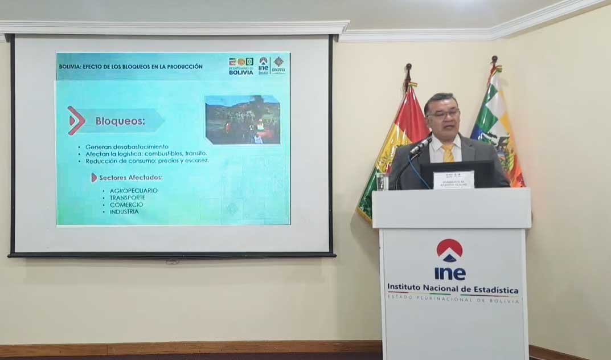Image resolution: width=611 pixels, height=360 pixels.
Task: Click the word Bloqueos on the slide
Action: click(120, 121)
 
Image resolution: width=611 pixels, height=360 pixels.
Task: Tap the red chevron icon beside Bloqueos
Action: click(76, 121)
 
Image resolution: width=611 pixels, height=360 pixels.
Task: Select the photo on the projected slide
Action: click(243, 120)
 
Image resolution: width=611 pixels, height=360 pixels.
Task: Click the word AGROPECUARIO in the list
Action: click(134, 190)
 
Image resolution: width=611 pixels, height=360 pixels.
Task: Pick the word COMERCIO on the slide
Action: click(126, 204)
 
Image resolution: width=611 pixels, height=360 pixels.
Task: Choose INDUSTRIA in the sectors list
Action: click(124, 212)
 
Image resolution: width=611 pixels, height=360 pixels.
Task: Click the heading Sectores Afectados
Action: click(130, 178)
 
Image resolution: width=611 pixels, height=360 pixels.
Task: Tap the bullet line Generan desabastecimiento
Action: click(126, 147)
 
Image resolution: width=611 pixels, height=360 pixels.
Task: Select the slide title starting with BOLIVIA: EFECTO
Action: click(131, 67)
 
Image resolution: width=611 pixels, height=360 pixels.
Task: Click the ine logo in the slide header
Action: click(263, 64)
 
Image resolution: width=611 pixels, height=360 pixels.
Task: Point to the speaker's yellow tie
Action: click(448, 153)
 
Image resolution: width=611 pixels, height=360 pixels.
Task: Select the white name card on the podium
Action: click(453, 179)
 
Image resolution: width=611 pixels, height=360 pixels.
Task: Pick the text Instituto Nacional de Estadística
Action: click(453, 289)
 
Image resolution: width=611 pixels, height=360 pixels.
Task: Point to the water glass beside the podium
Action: click(382, 182)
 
